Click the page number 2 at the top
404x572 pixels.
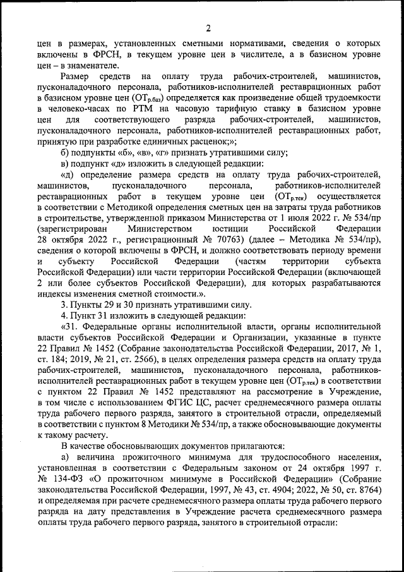[x=208, y=27]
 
